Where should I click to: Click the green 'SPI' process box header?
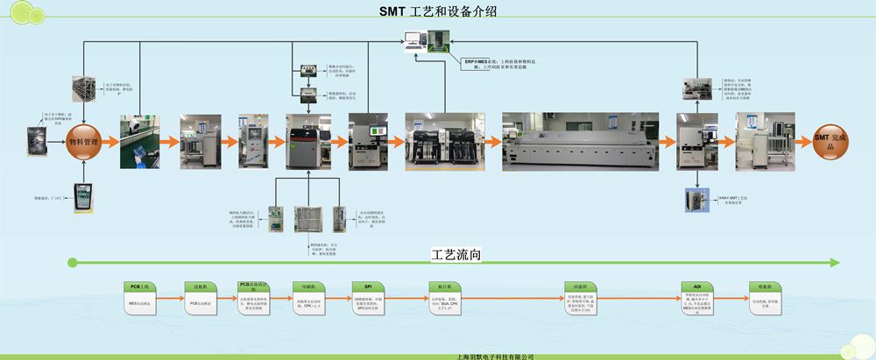click(368, 286)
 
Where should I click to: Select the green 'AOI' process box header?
click(696, 286)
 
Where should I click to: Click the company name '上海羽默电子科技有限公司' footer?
click(496, 356)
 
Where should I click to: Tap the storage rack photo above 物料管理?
click(85, 90)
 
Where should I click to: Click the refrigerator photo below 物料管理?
click(84, 194)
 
